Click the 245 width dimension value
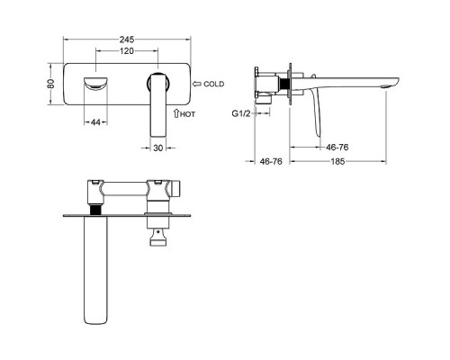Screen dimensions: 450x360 click(127, 40)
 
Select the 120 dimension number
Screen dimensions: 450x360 click(127, 51)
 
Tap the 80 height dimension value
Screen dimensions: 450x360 click(51, 84)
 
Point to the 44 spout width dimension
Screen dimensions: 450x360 click(95, 122)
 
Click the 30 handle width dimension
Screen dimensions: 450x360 click(158, 148)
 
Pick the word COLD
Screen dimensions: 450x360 click(214, 84)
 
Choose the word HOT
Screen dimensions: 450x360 click(188, 114)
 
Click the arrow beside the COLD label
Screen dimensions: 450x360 click(197, 84)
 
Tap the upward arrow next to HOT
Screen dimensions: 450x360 click(176, 113)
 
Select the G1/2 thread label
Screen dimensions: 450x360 click(241, 113)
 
